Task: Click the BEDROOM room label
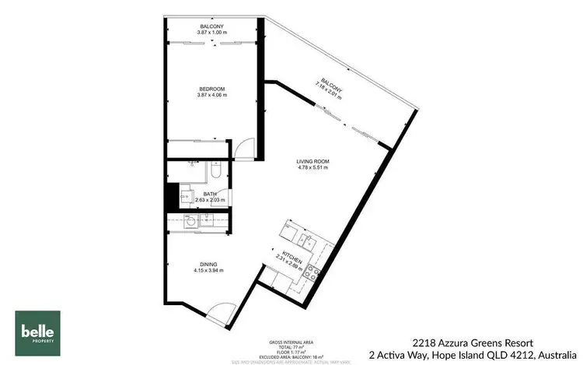[x=211, y=89]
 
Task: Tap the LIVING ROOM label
[x=312, y=161]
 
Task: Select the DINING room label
[x=208, y=264]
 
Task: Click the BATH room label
[x=210, y=194]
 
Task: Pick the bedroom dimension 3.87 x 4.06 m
[x=211, y=95]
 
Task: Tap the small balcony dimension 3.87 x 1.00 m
[x=211, y=33]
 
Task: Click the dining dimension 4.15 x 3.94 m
[x=208, y=270]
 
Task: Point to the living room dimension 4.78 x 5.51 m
[x=312, y=167]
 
